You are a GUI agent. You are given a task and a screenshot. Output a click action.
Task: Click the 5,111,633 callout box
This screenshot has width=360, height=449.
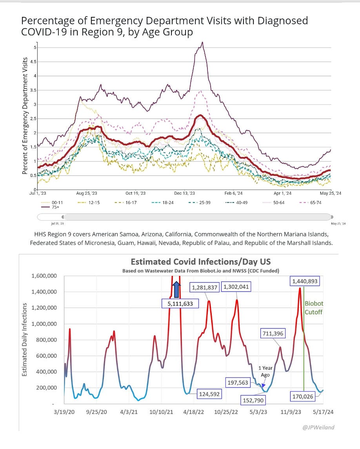(x=180, y=303)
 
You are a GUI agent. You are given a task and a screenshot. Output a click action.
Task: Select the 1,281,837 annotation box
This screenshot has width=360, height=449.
(x=205, y=287)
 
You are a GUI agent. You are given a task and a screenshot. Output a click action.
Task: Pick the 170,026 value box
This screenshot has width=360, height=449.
(x=302, y=396)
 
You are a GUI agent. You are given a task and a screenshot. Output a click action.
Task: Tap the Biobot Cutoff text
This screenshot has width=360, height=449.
(x=314, y=308)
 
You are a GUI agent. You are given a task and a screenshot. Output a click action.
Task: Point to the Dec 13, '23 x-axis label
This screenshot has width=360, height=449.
(x=184, y=193)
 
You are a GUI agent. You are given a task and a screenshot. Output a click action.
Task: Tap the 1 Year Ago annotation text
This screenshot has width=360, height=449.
(x=265, y=371)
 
